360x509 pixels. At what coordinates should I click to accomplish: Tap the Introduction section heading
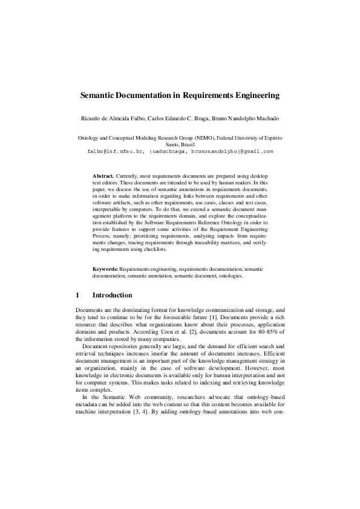[x=112, y=295]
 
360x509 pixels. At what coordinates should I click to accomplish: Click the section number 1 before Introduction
[x=77, y=295]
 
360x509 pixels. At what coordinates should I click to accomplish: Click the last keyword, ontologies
[x=229, y=275]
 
